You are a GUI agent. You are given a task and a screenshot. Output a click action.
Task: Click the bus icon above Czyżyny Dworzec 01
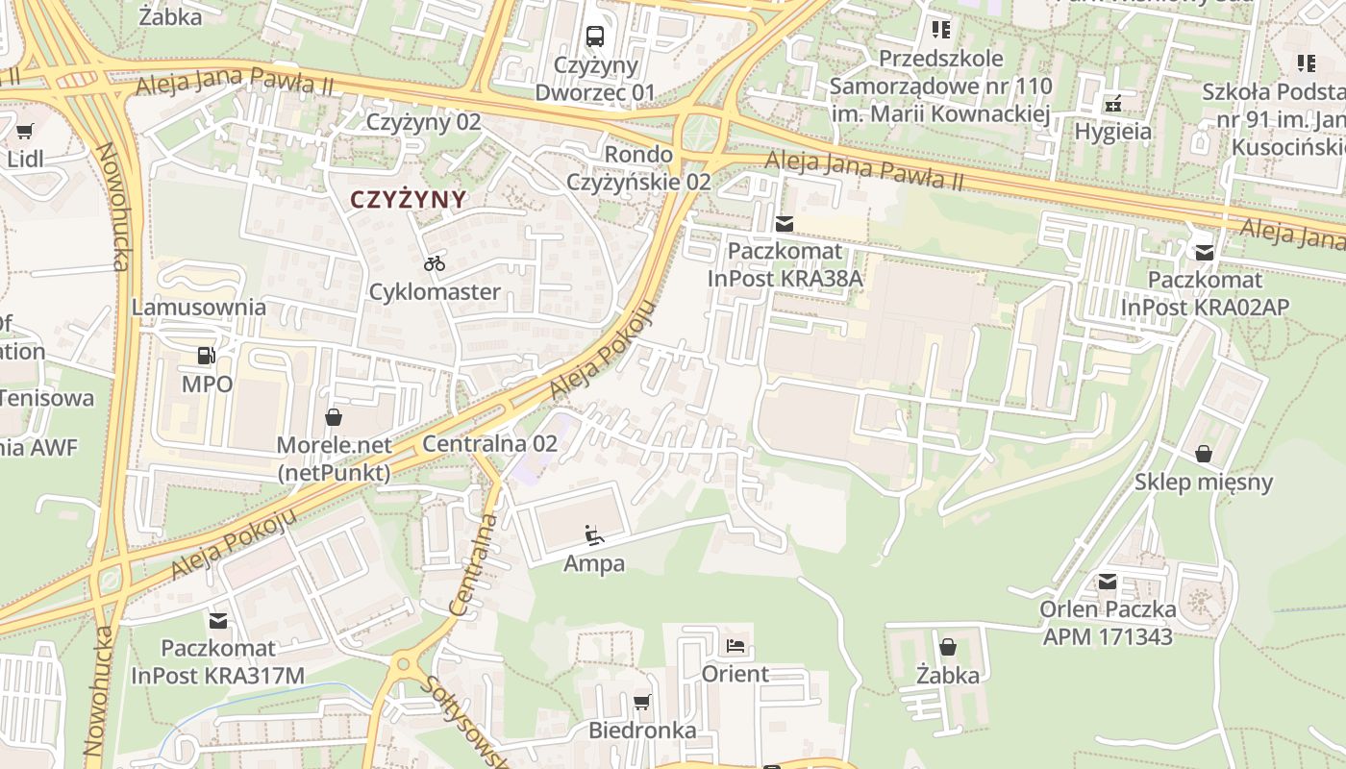[595, 37]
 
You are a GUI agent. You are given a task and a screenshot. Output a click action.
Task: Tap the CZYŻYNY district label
[408, 200]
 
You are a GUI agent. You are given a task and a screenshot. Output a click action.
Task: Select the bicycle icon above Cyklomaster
[435, 263]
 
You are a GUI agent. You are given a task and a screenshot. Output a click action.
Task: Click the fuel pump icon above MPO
[206, 356]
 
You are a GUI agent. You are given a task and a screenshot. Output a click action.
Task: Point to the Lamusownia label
[198, 308]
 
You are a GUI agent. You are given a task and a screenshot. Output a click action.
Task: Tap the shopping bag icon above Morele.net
[334, 417]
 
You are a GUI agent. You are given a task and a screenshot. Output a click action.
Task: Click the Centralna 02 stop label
[489, 444]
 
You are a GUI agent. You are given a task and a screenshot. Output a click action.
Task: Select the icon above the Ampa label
[594, 535]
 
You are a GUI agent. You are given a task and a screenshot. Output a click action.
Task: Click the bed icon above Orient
[735, 646]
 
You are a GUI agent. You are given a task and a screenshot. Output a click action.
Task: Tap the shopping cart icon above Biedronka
[642, 703]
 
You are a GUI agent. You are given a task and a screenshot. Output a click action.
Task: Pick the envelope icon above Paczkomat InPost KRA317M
[218, 621]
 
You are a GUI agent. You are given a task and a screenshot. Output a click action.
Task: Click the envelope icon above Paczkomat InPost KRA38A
[785, 224]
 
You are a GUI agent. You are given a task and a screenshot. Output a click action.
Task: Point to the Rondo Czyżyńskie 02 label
[638, 167]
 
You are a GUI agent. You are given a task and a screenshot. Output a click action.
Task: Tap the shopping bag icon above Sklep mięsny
[1203, 454]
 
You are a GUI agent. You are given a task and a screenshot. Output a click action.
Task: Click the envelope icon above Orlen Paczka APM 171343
[1108, 582]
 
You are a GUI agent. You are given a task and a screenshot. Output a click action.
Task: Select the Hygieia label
[1113, 132]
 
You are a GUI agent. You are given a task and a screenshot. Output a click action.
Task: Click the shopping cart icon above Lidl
[25, 131]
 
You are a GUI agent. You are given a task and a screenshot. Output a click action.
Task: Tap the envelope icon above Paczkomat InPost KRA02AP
[1204, 253]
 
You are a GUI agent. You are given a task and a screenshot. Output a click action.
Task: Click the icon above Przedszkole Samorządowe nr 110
[940, 30]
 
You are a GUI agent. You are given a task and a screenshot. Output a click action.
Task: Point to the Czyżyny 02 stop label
[423, 122]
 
